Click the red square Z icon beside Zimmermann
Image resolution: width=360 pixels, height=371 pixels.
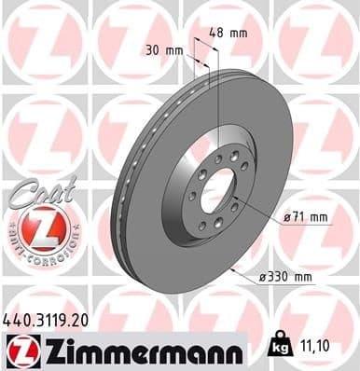[x=19, y=350]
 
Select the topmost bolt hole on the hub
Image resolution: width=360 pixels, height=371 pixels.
[x=218, y=158]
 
